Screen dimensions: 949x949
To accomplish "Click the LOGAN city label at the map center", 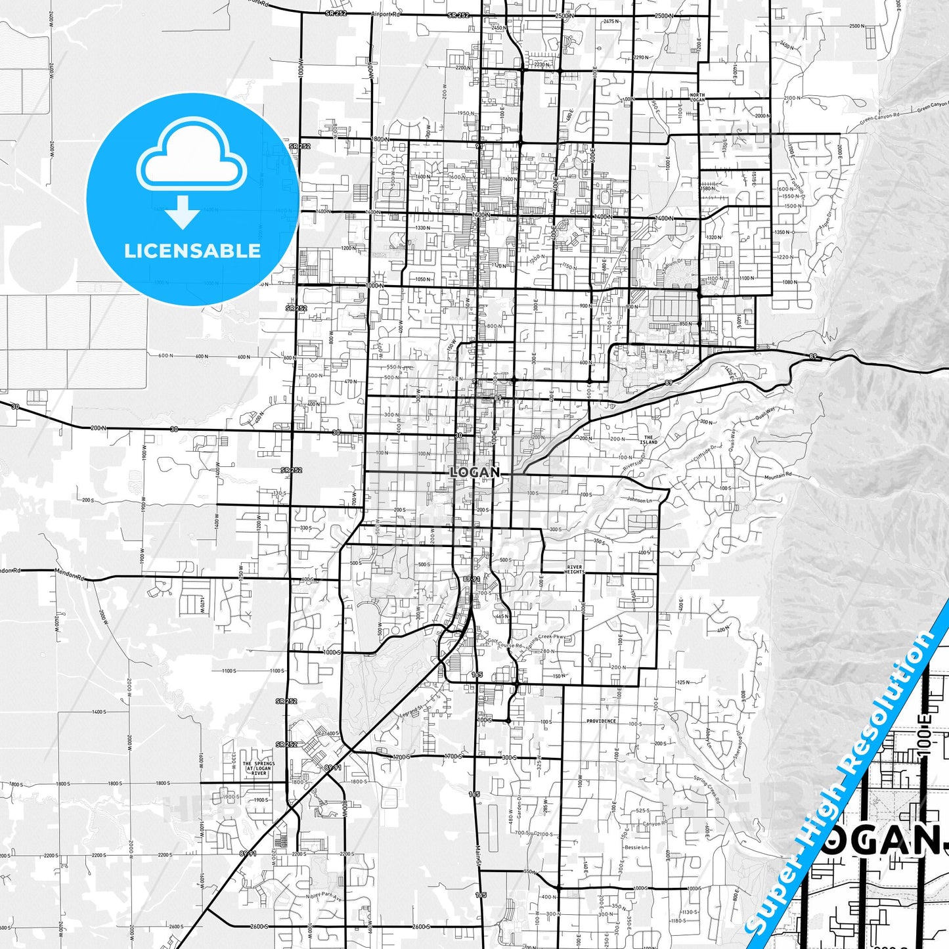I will coord(474,472).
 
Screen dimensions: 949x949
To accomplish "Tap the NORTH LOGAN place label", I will coord(697,98).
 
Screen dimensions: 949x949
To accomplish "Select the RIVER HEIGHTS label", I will coord(574,569).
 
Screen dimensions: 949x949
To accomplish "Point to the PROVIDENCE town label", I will coord(601,720).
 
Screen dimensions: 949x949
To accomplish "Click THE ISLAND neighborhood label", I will coord(649,439).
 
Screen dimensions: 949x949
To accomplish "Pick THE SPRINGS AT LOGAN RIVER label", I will coord(259,768).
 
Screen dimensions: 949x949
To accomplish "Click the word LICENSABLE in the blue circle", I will coord(192,250).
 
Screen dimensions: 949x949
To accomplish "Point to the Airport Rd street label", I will coord(386,14).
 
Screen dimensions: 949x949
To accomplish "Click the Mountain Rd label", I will coord(778,475).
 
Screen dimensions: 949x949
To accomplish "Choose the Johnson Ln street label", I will coord(640,500).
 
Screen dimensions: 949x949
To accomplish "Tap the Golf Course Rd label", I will coord(505,643).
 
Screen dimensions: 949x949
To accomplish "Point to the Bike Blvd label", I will coord(666,352).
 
